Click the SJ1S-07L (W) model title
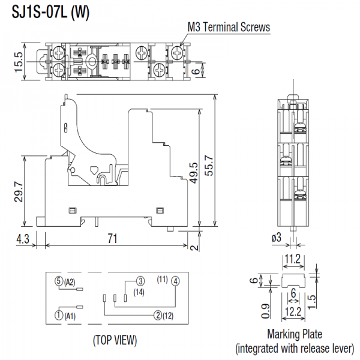coord(50,12)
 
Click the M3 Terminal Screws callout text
coord(229,27)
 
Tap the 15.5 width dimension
coord(19,62)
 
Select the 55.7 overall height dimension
coord(209,166)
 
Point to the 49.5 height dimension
coord(194,173)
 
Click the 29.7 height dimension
coord(19,192)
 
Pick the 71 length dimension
coord(113,238)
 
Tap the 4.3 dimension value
coord(23,239)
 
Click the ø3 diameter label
coord(276,237)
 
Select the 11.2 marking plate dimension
coord(293,259)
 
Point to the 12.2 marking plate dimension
coord(293,312)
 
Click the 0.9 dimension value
coord(265,311)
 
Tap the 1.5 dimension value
coord(311,302)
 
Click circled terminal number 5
coord(59,281)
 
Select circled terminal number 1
coord(59,315)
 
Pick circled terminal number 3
coord(140,281)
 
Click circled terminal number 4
coord(176,281)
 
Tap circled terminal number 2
coord(158,315)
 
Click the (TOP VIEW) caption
coord(115,340)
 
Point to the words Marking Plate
coord(295,334)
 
